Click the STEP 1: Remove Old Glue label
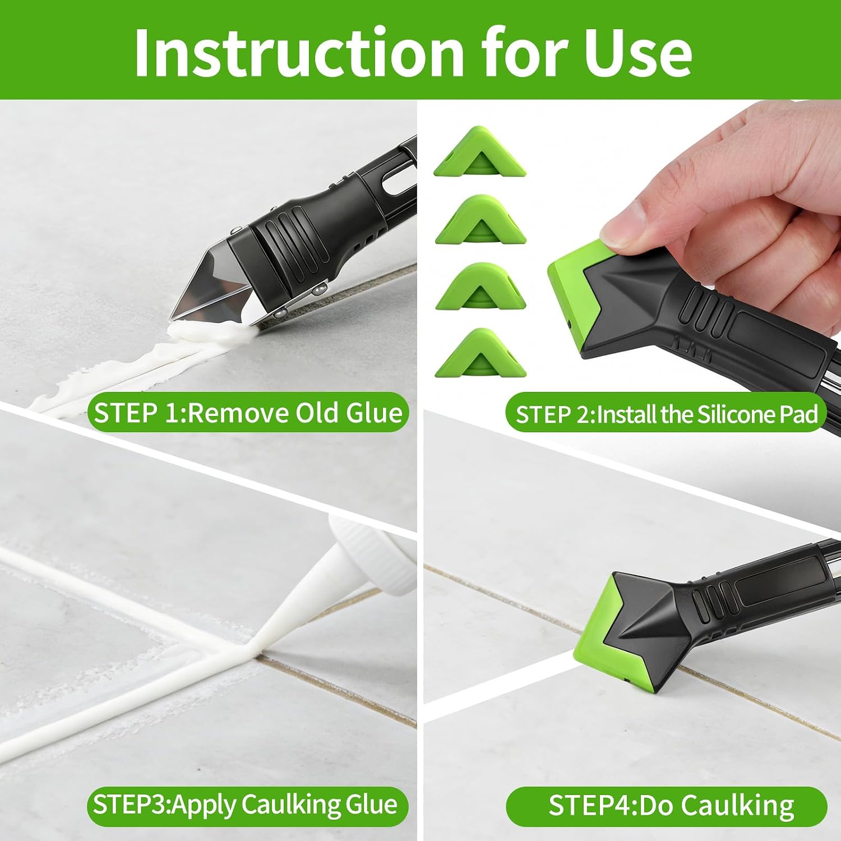point(248,413)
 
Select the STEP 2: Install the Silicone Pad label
point(666,414)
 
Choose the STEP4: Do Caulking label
point(666,806)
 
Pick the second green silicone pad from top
point(480,220)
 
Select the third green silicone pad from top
point(480,286)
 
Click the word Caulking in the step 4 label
point(737,806)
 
